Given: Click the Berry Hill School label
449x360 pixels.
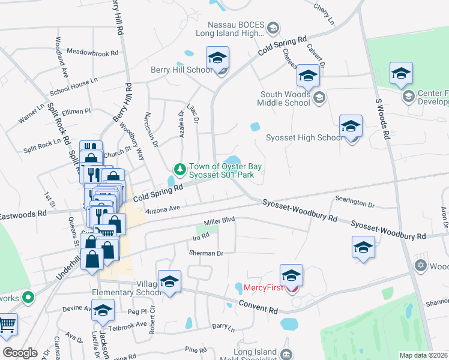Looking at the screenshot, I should click(182, 70).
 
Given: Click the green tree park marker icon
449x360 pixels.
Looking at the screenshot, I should click(178, 168).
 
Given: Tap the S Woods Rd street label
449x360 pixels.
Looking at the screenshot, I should click(381, 119).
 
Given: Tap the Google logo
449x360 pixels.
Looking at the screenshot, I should click(20, 353).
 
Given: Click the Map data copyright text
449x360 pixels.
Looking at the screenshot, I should click(424, 355).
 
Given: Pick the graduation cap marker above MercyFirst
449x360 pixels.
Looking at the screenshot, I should click(291, 275).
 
